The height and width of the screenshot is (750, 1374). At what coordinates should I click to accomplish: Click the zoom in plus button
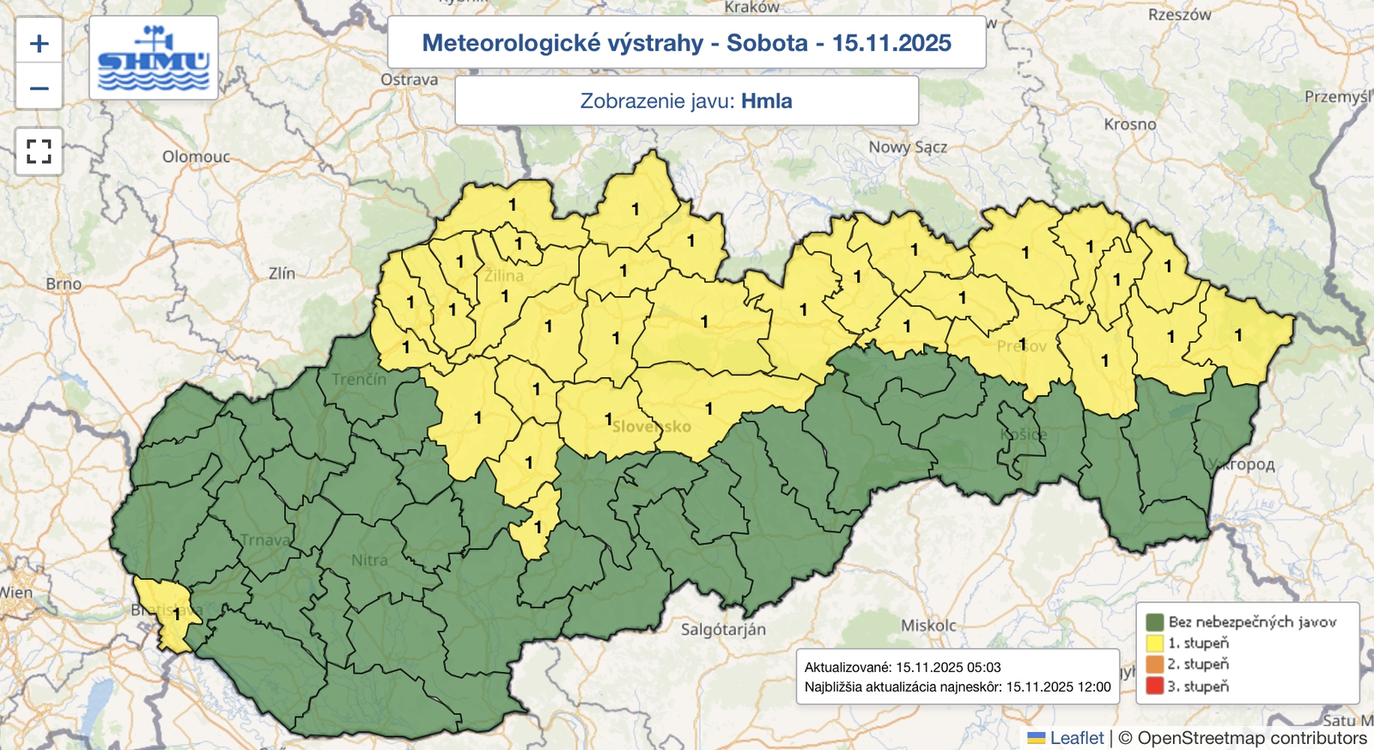coord(40,44)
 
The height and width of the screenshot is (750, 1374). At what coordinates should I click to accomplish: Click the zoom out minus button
coord(40,88)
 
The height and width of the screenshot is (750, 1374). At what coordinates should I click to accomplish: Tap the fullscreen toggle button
coord(40,152)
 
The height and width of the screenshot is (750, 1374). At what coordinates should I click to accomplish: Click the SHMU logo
coord(154,58)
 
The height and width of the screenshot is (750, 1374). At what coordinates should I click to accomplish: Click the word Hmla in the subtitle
coord(766,101)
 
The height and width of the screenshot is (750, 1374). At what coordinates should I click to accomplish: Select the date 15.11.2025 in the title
coord(891,43)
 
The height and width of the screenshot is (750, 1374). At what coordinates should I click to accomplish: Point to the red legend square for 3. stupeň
coord(1154,686)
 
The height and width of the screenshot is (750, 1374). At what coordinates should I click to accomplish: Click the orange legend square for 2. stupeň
coord(1154,664)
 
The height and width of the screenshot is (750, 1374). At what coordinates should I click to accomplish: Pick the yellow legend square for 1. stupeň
coord(1154,643)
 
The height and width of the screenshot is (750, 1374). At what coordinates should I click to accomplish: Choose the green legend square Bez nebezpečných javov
coord(1154,621)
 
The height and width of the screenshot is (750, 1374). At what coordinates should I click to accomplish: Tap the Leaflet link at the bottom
coord(1076,738)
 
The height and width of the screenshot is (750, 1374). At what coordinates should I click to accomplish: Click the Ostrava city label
coord(409,80)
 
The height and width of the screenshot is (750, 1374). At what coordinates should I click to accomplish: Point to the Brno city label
coord(64,284)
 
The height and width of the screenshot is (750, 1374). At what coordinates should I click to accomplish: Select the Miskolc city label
coord(928,625)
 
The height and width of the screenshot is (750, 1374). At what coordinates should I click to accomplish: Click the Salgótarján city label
coord(723,630)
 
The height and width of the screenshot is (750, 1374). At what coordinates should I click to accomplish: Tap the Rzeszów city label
coord(1179,15)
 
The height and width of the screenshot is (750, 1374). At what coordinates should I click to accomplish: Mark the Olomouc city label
coord(196,156)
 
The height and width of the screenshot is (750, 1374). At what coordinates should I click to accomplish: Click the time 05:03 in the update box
coord(985,668)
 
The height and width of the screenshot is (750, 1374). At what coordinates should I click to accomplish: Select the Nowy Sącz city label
coord(908,147)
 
